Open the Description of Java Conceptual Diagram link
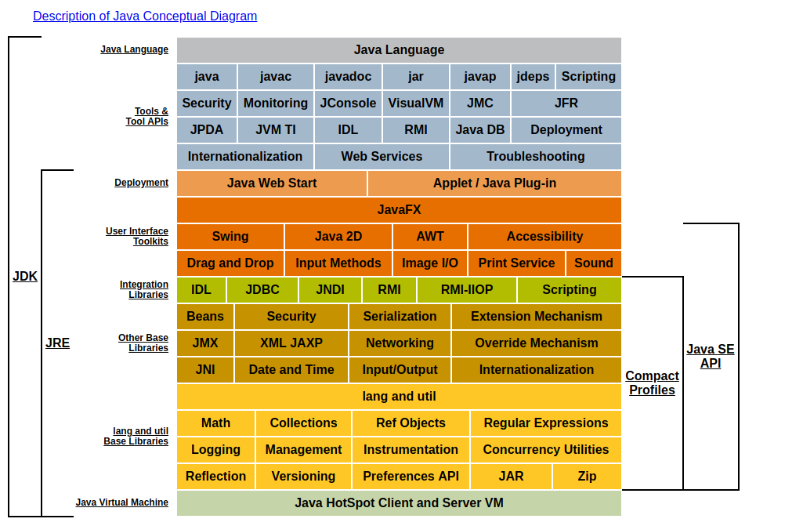145,16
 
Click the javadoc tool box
348,77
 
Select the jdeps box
533,77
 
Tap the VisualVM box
415,103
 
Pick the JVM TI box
275,130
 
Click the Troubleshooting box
535,157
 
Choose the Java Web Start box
272,183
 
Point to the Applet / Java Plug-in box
494,183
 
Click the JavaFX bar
399,210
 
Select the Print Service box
516,263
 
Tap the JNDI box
330,290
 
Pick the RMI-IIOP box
467,290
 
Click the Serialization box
400,317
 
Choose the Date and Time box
291,370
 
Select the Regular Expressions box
545,423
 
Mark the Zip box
587,477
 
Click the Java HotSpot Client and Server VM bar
399,503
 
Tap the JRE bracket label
57,343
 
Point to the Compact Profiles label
652,383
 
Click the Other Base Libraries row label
143,343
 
